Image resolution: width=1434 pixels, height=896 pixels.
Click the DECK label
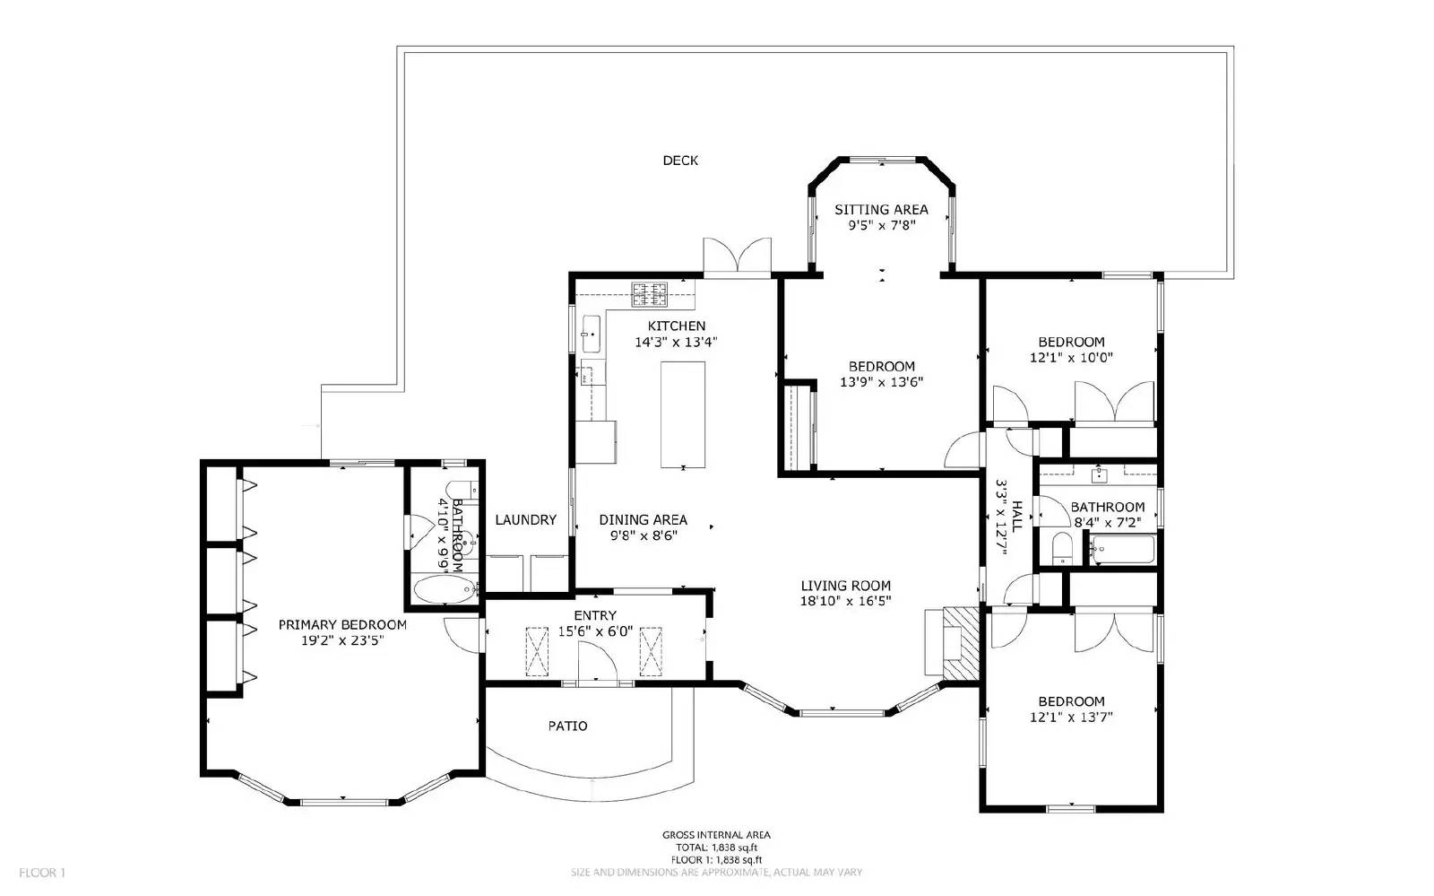680,161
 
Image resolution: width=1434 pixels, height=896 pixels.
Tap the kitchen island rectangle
683,413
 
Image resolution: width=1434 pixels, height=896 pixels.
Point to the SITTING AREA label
881,210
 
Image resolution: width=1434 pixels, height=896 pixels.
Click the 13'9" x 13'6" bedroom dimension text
881,382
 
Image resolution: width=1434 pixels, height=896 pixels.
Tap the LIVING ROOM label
845,586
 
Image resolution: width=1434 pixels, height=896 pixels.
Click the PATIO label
567,726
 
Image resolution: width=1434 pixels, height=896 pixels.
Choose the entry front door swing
598,667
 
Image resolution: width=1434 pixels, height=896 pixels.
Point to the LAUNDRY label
525,519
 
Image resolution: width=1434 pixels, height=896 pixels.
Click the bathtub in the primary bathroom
445,589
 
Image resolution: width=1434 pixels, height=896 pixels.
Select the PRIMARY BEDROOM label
341,625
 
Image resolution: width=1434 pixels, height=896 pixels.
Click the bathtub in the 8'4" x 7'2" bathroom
1122,549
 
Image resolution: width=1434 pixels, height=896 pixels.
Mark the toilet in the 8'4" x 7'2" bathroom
1061,548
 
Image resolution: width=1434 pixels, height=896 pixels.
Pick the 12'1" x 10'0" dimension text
1071,357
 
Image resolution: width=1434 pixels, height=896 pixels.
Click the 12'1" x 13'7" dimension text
1071,717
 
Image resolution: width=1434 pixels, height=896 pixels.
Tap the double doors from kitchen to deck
737,256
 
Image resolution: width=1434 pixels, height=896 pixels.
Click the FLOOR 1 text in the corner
42,872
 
